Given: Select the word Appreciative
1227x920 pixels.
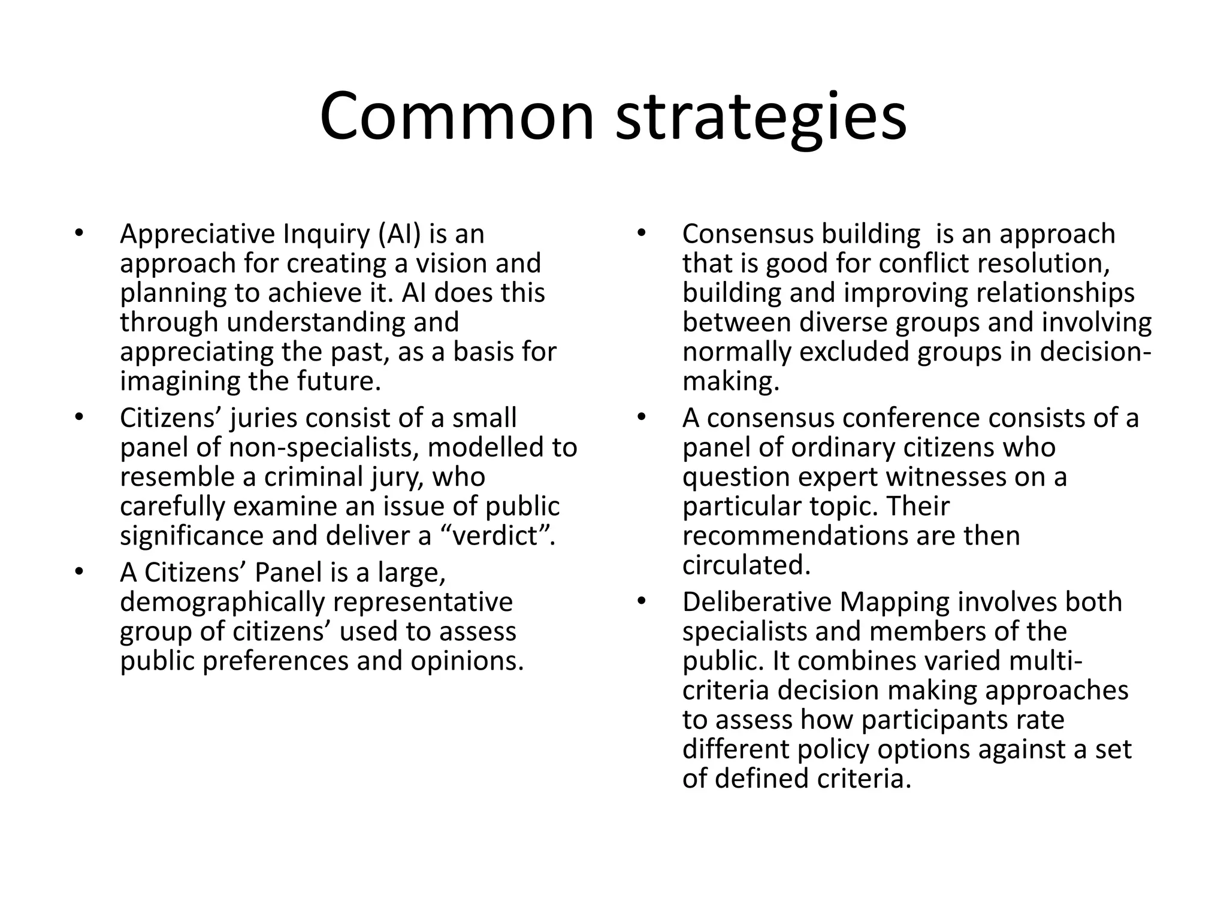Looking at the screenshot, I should click(197, 234).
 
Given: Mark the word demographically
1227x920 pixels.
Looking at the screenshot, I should click(222, 603).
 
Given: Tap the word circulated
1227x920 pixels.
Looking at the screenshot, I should click(746, 565).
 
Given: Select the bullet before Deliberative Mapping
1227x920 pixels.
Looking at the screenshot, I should click(640, 601).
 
